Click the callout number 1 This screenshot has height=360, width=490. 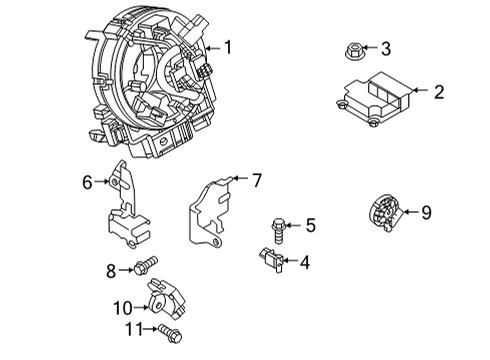(228, 47)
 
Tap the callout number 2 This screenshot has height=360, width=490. (439, 92)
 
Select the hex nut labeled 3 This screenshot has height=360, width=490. (353, 52)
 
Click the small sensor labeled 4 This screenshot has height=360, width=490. (272, 261)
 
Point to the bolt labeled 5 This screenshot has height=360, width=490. (279, 231)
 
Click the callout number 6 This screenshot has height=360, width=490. (87, 182)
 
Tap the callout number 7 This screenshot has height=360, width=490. (257, 180)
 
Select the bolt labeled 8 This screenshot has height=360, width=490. (145, 265)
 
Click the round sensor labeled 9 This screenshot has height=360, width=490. (386, 212)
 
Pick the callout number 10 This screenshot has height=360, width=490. (123, 308)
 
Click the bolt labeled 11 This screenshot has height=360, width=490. (170, 333)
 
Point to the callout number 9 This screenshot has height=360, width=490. (427, 212)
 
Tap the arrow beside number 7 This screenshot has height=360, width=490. (241, 178)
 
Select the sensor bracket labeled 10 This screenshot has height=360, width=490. (166, 299)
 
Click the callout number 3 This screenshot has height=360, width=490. (386, 49)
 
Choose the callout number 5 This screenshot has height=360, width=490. (311, 225)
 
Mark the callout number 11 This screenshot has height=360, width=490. (134, 329)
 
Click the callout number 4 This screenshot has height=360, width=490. (305, 262)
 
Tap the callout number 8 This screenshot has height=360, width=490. (111, 271)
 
